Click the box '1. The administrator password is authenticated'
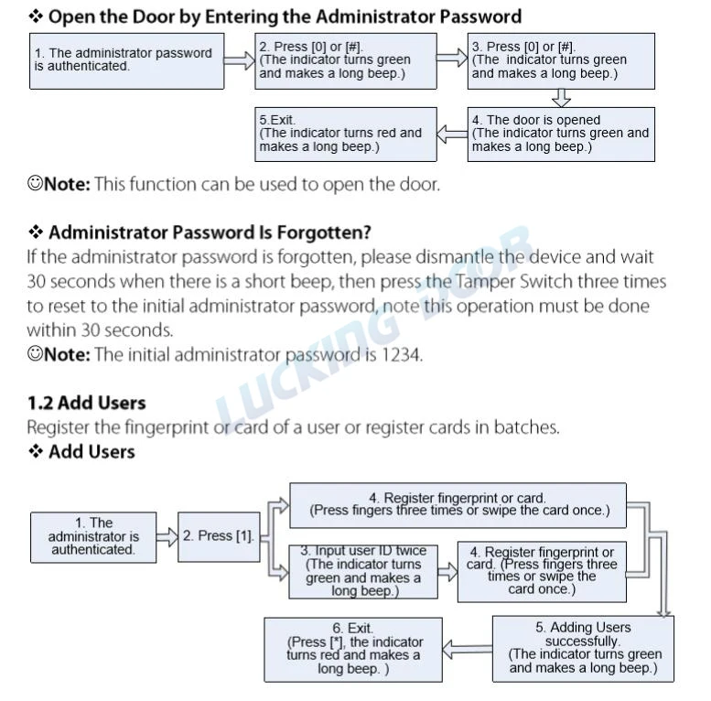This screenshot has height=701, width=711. (x=126, y=60)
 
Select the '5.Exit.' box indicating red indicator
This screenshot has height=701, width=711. (x=346, y=135)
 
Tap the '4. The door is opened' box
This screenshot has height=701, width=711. (x=561, y=135)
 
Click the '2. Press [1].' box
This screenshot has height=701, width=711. (x=219, y=537)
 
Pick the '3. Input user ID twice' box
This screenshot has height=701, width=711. (x=363, y=572)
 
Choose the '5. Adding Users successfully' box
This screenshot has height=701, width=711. (x=583, y=649)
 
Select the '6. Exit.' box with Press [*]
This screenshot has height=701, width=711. (x=353, y=650)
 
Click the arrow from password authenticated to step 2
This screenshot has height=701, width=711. (x=240, y=60)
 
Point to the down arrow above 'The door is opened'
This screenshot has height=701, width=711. (x=561, y=98)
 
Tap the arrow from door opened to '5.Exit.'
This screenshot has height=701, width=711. (x=452, y=135)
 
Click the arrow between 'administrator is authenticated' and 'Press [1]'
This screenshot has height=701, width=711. (x=167, y=537)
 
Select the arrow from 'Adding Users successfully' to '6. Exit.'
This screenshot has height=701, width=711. (x=467, y=650)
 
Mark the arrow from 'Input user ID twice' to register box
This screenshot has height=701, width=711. (x=447, y=572)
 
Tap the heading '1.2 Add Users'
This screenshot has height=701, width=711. (x=87, y=403)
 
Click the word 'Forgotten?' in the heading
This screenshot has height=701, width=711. (x=324, y=232)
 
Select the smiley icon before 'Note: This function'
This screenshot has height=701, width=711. (x=35, y=183)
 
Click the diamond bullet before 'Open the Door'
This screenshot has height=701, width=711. (x=36, y=16)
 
